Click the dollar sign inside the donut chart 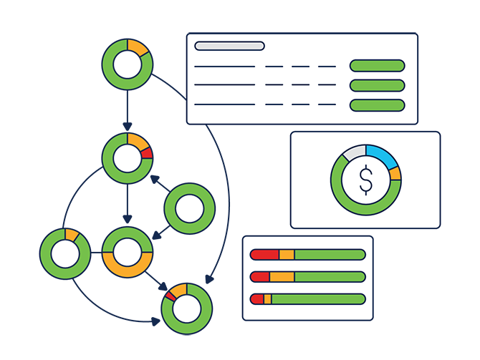tap(366, 180)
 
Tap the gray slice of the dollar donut tap(353, 152)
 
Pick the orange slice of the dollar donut tap(395, 174)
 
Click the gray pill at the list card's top tap(229, 46)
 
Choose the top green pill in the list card tap(377, 66)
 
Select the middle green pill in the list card tap(377, 86)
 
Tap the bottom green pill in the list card tap(377, 105)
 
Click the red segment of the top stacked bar tap(264, 254)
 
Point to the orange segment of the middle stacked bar tap(282, 277)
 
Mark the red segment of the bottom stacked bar tap(257, 299)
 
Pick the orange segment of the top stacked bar tap(287, 254)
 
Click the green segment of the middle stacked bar tap(330, 277)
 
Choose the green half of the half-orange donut tap(128, 234)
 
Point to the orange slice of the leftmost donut tap(72, 235)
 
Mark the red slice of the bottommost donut tap(170, 295)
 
